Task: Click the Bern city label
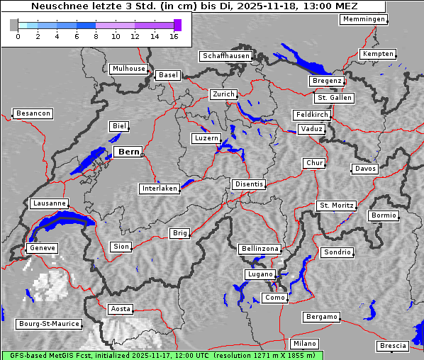128,152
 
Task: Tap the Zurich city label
223,94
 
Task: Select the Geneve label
41,248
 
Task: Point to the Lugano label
260,274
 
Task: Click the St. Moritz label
335,206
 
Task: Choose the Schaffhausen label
225,55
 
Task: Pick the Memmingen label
364,19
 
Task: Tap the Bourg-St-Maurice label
49,324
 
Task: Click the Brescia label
393,346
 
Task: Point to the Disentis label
248,184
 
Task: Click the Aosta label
120,309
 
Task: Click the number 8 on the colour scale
96,36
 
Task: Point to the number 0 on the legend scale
18,36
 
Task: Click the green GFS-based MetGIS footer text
162,355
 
